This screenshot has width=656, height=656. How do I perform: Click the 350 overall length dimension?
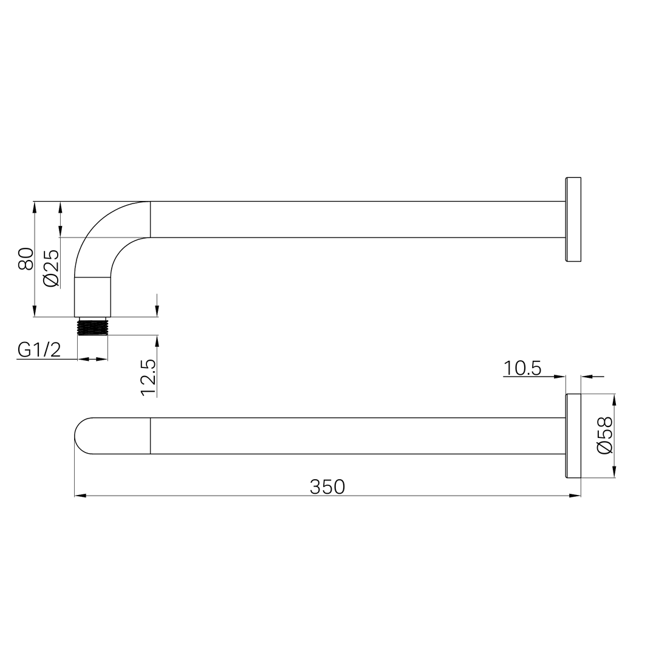click(327, 487)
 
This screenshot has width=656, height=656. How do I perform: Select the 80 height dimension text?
click(26, 258)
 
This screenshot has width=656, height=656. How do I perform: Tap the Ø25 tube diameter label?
click(51, 268)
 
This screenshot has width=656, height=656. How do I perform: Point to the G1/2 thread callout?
click(39, 350)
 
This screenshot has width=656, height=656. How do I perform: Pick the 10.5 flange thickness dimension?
click(522, 368)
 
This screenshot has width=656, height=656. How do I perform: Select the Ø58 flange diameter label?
click(604, 435)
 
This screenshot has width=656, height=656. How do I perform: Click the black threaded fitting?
click(92, 327)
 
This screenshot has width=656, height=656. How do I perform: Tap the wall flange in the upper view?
click(573, 219)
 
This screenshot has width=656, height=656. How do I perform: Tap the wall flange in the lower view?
click(573, 436)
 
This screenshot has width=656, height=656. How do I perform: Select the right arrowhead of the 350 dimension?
click(575, 496)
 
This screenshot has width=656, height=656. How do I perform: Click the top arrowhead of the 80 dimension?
click(35, 207)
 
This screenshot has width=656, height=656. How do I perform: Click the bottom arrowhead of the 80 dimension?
click(35, 311)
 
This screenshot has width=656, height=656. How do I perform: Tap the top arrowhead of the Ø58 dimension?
click(614, 400)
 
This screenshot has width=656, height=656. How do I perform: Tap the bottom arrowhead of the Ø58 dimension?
click(614, 471)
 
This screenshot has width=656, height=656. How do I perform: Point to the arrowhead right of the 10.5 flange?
click(587, 377)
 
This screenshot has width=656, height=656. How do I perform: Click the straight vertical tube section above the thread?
click(92, 296)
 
